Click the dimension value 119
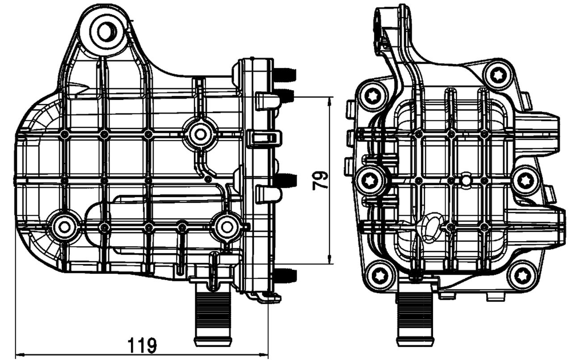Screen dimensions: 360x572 (142, 344)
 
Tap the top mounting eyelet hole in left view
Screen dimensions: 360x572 (107, 31)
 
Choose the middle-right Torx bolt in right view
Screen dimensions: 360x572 (525, 181)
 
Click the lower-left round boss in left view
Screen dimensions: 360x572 (64, 227)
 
